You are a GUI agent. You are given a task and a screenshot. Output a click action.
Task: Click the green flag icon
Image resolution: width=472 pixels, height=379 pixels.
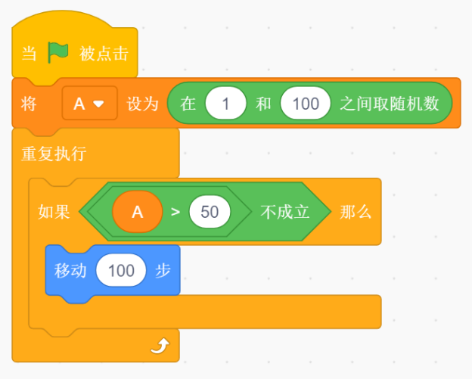(58, 52)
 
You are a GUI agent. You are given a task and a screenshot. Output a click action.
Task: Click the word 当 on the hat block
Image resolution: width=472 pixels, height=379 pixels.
(29, 54)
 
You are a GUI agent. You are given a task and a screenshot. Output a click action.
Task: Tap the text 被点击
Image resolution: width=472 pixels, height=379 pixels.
(104, 54)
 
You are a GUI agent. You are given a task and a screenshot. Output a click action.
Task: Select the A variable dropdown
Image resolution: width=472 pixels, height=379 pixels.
(89, 103)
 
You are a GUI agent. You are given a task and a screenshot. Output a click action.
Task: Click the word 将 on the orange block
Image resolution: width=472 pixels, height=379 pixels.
(29, 104)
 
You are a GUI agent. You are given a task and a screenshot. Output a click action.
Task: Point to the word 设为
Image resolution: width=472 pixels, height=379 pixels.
(142, 104)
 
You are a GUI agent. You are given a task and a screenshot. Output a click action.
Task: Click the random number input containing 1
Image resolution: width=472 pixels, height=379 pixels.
(225, 103)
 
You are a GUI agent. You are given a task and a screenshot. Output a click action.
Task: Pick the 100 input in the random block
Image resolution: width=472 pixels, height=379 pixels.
(306, 103)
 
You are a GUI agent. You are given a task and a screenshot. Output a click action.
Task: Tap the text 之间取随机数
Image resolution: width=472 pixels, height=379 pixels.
(390, 104)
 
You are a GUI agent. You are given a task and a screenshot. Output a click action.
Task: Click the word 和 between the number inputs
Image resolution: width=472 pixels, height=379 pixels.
(263, 104)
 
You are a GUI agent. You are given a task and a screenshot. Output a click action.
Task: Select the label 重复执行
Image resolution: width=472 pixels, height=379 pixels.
(54, 154)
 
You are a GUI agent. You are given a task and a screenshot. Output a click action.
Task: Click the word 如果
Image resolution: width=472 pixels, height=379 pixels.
(54, 212)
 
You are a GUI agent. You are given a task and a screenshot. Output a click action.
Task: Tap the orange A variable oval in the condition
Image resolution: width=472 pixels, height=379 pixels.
(137, 212)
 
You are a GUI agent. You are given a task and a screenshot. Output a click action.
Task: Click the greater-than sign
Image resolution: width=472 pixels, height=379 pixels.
(175, 212)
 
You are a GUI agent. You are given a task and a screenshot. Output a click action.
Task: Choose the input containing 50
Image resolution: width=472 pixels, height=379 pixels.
(210, 212)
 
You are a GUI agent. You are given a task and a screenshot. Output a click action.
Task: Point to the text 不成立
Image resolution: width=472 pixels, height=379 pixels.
(284, 212)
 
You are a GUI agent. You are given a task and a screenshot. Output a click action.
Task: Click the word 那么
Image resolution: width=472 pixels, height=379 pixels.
(356, 212)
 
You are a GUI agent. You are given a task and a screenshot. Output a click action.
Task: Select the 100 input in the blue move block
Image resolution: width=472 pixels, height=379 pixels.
(121, 270)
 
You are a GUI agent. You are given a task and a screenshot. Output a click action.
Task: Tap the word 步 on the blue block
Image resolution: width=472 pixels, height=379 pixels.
(163, 270)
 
